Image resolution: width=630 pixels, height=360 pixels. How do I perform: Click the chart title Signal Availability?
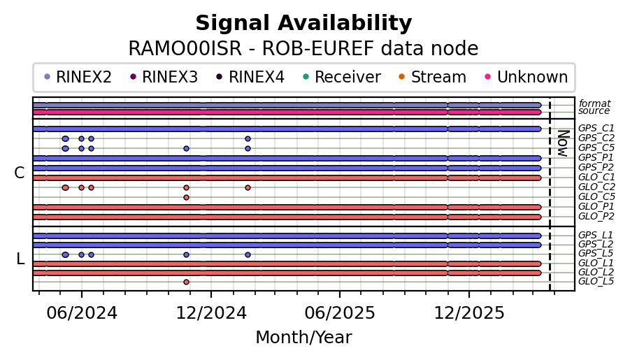(303, 24)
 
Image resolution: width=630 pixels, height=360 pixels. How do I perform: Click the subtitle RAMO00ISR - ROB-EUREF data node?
(303, 49)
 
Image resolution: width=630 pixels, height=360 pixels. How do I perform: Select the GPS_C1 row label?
(596, 129)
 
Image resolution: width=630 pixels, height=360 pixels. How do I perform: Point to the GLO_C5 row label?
(596, 197)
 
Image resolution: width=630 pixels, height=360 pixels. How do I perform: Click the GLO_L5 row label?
(596, 282)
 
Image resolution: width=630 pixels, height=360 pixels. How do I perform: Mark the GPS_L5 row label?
(596, 253)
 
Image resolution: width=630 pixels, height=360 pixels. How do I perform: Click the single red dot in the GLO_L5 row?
(186, 282)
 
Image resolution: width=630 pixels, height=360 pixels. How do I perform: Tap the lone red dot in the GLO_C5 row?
(186, 197)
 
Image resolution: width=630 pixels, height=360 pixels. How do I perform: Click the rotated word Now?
(562, 143)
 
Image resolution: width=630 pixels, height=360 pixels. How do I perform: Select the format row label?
(594, 103)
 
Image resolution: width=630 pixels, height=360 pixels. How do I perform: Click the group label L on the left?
(20, 259)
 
